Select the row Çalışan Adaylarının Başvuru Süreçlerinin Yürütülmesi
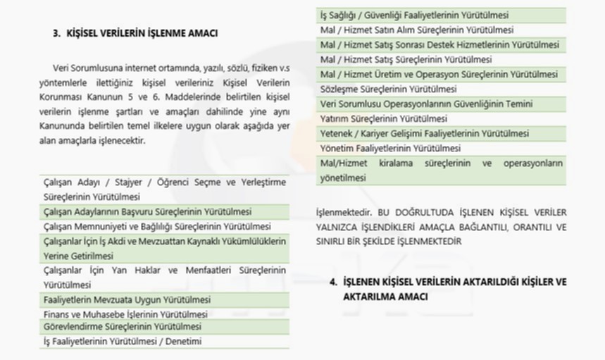(147, 211)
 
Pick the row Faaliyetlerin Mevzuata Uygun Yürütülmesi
(127, 300)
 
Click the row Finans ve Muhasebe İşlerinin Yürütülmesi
(125, 314)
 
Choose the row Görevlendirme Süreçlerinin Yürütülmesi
(122, 328)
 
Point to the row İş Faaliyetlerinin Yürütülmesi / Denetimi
(123, 342)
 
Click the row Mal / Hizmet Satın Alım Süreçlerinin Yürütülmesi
(416, 30)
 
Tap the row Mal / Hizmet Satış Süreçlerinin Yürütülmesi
(406, 60)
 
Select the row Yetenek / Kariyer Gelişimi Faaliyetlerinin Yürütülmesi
(424, 134)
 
